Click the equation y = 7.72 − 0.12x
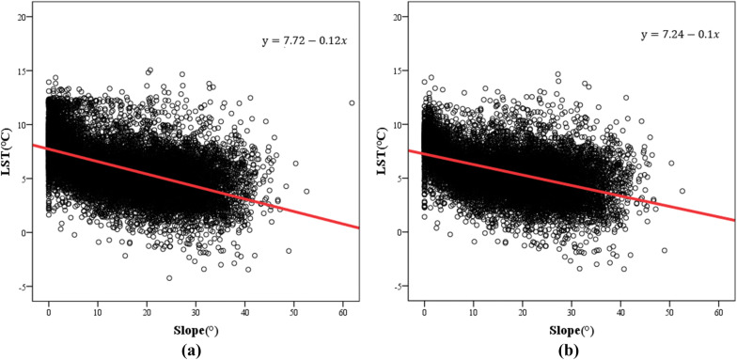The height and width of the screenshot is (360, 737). (x=306, y=39)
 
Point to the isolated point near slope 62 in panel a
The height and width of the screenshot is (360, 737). (x=352, y=103)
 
